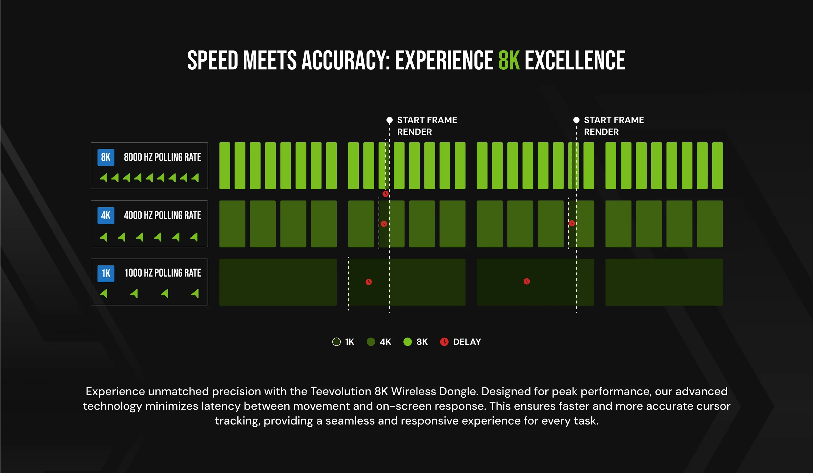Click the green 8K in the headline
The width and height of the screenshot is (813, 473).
coord(509,60)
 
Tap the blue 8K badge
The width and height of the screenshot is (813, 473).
coord(106,158)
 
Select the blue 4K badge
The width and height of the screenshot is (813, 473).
coord(106,215)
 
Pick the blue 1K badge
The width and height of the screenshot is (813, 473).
coord(106,274)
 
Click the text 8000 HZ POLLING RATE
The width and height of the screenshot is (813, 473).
coord(162,158)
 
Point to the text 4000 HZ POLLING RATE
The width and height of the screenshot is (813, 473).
coord(162,215)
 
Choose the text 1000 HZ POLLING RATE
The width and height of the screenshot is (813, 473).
coord(163,273)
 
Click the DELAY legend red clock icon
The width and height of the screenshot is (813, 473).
coord(444,342)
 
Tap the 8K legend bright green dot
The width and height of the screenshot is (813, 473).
coord(407,342)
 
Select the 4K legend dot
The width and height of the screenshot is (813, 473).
coord(371,342)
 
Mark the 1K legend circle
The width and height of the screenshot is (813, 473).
coord(336,342)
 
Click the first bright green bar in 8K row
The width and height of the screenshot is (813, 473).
coord(225,165)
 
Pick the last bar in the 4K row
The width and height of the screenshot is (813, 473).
coord(710,224)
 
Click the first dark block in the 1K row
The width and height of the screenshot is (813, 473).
coord(278,282)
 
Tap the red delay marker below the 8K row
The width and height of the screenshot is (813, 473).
coord(386,194)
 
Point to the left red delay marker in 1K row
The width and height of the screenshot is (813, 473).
coord(369,282)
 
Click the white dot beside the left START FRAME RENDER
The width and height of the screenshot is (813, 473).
coord(389,120)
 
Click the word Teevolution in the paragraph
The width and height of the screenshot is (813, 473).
coord(341,391)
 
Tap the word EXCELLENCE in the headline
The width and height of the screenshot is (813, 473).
coord(575,60)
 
